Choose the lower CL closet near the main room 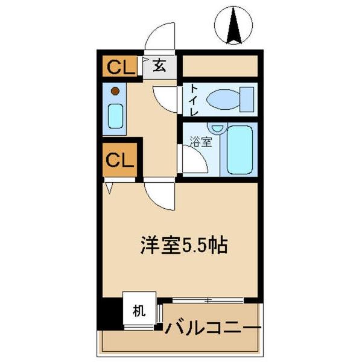tap(120, 160)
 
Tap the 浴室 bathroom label tap(201, 143)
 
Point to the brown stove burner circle tap(115, 92)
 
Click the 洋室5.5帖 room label tap(184, 246)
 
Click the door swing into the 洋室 tap(159, 196)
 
